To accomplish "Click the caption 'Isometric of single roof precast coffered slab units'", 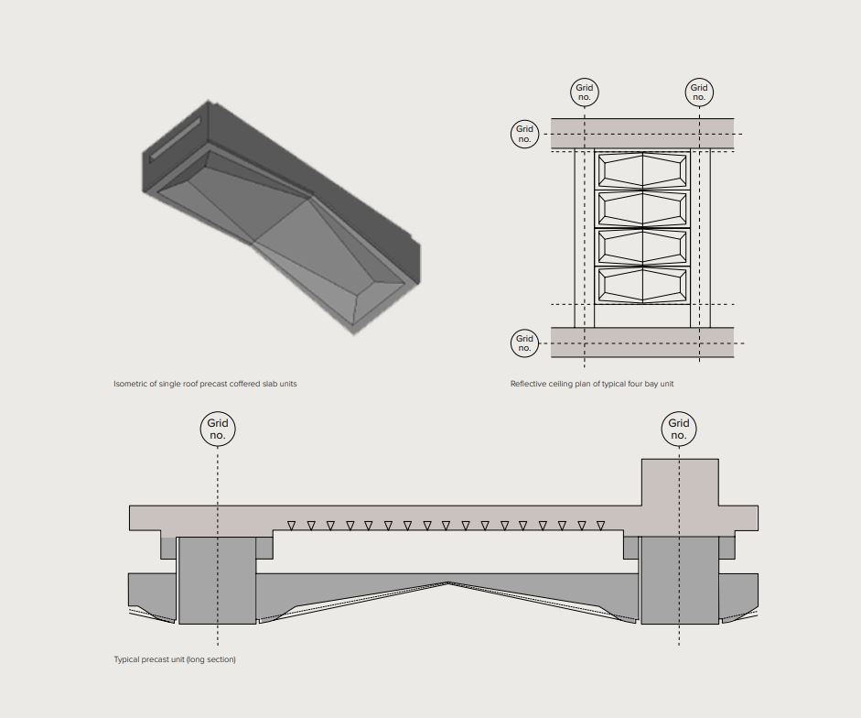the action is pyautogui.click(x=205, y=384).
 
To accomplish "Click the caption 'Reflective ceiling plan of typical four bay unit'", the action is pyautogui.click(x=592, y=384).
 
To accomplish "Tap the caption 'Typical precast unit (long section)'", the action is pyautogui.click(x=175, y=659).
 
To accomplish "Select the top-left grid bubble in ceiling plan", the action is pyautogui.click(x=585, y=92).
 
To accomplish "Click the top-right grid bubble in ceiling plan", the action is pyautogui.click(x=699, y=92).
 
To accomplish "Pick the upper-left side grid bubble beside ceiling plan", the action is pyautogui.click(x=524, y=134).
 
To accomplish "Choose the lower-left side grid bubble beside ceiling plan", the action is pyautogui.click(x=524, y=343).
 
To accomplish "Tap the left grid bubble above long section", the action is pyautogui.click(x=218, y=429).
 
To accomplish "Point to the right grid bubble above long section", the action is pyautogui.click(x=679, y=429).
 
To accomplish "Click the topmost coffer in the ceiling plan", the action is pyautogui.click(x=642, y=171).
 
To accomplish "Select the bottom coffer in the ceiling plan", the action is pyautogui.click(x=642, y=285).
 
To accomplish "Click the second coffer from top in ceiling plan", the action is pyautogui.click(x=642, y=209).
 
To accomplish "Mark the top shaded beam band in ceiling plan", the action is pyautogui.click(x=642, y=134).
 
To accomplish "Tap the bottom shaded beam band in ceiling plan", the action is pyautogui.click(x=642, y=343).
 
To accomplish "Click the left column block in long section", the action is pyautogui.click(x=218, y=581).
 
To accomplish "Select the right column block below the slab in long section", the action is pyautogui.click(x=680, y=581).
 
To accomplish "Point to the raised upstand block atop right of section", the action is pyautogui.click(x=680, y=483).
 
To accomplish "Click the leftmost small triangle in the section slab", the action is pyautogui.click(x=292, y=526).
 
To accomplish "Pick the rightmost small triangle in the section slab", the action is pyautogui.click(x=601, y=526).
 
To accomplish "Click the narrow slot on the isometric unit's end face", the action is pyautogui.click(x=176, y=138).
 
